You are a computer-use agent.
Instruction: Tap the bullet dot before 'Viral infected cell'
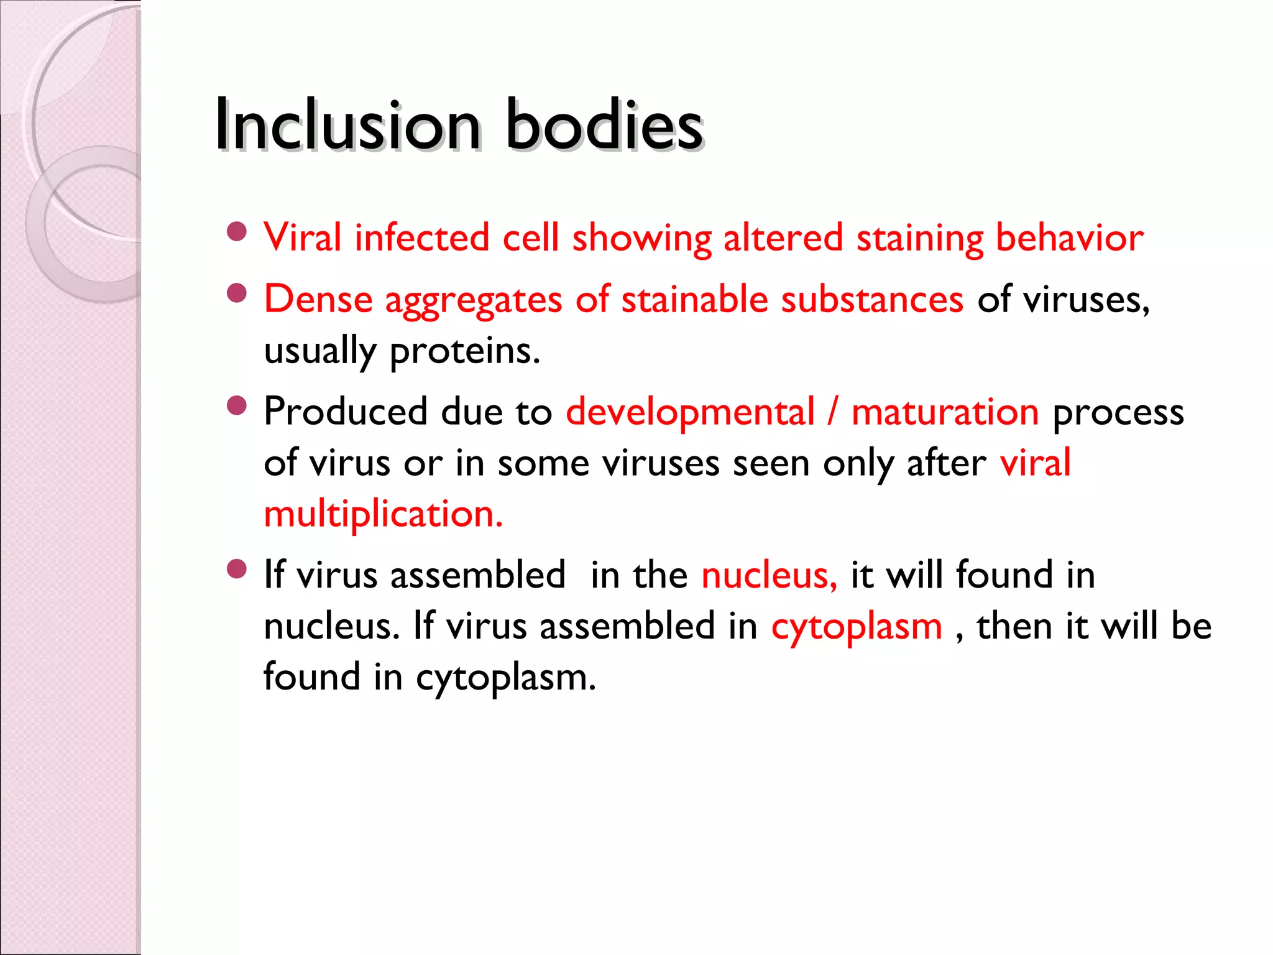click(x=237, y=232)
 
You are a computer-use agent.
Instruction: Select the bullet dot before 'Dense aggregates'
click(x=237, y=293)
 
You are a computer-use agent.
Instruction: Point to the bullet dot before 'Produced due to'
click(x=237, y=406)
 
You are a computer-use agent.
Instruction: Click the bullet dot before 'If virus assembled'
click(x=237, y=569)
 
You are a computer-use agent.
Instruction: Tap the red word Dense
click(x=318, y=299)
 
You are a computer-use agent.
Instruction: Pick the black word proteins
click(x=464, y=351)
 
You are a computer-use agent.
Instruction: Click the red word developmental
click(x=690, y=412)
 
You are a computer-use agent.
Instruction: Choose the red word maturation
click(x=945, y=412)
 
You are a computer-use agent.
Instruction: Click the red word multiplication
click(x=383, y=514)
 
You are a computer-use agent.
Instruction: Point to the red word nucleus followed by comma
click(x=768, y=575)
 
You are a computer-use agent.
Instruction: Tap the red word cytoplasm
click(x=857, y=627)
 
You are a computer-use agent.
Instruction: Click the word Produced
click(x=346, y=412)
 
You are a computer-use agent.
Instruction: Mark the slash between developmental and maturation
click(x=832, y=412)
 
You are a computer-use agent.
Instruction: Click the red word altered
click(x=783, y=238)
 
